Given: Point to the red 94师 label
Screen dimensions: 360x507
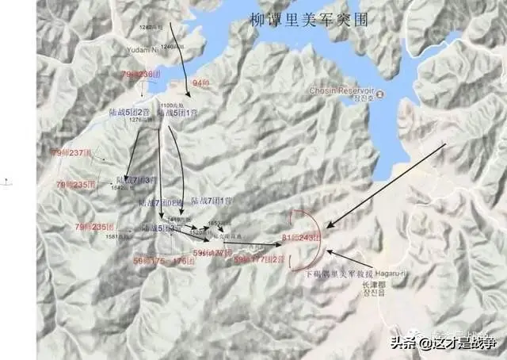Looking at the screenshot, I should pos(200,82).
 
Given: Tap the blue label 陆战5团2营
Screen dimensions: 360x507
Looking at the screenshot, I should pos(130,113).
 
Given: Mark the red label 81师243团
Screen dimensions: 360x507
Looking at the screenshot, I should pos(303,238).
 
